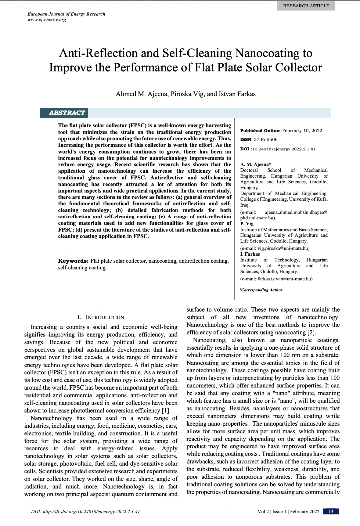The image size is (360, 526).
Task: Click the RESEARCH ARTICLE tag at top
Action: [x=306, y=6]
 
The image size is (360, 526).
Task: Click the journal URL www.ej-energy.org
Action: [x=47, y=20]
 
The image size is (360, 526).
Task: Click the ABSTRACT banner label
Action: [x=67, y=113]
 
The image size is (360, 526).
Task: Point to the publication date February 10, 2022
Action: [x=302, y=131]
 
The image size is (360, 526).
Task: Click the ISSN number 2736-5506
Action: [x=266, y=139]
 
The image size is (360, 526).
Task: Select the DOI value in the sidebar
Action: [x=284, y=149]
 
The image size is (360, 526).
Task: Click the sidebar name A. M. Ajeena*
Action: [x=255, y=164]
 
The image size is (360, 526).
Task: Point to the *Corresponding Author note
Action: [x=261, y=290]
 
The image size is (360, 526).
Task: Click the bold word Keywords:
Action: [x=73, y=261]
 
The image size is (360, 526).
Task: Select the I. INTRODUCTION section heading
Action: [x=101, y=317]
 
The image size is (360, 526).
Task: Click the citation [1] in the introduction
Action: [x=166, y=411]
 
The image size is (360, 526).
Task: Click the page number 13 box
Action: [x=331, y=512]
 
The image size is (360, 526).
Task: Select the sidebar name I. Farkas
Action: [x=250, y=254]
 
